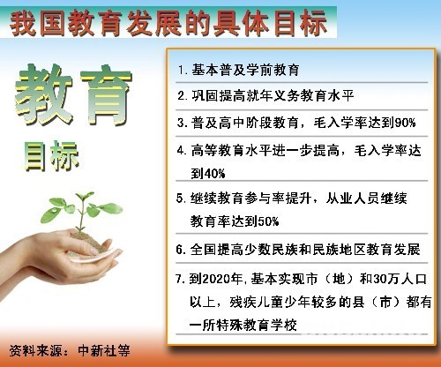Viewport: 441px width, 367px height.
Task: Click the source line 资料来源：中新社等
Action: pyautogui.click(x=68, y=349)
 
